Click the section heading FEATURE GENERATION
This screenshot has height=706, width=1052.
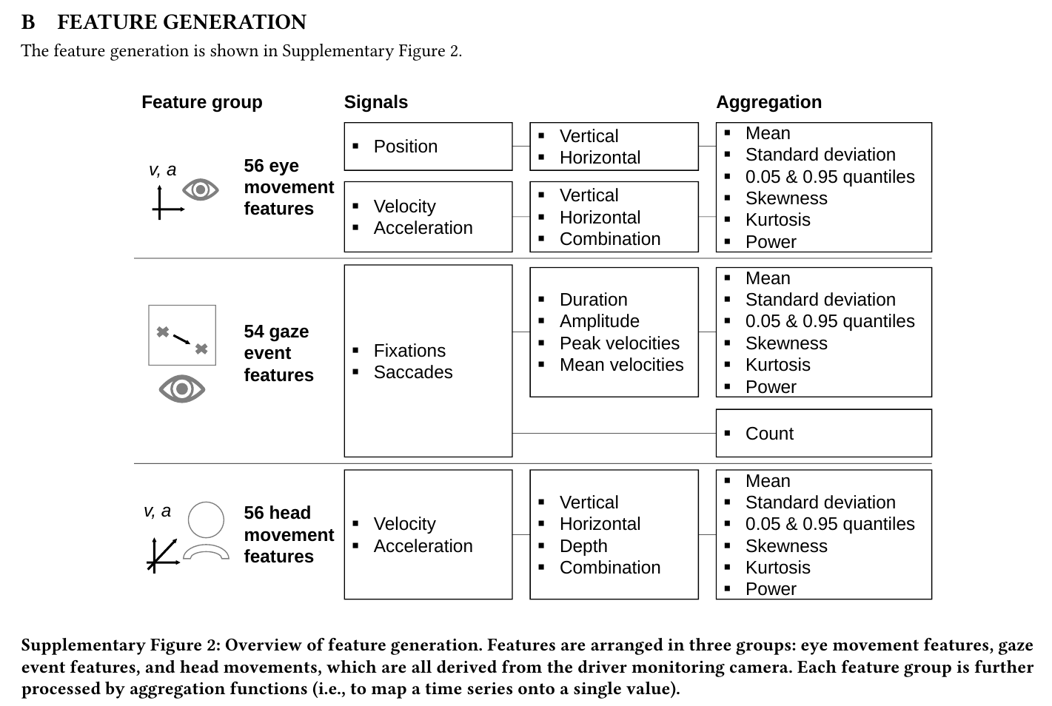[181, 22]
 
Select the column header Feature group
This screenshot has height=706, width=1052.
[202, 102]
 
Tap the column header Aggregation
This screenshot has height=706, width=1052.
[768, 102]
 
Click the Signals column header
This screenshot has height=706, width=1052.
[376, 102]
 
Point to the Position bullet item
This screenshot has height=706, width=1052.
[405, 147]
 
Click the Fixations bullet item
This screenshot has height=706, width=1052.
[409, 351]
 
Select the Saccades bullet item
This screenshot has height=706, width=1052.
[413, 372]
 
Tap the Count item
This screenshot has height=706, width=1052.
[769, 433]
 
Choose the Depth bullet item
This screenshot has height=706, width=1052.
[583, 546]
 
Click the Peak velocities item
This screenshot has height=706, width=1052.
[620, 343]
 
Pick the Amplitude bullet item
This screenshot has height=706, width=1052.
[599, 322]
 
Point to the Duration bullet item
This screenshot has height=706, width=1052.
[594, 300]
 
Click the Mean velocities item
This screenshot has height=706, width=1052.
[621, 365]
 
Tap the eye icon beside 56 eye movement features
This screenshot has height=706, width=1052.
[201, 189]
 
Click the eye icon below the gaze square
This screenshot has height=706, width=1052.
[182, 389]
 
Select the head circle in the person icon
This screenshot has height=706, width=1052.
[206, 502]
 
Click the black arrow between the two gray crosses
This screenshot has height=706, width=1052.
[182, 340]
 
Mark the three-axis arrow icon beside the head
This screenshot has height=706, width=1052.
[163, 555]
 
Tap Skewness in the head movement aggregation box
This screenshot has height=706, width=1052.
[786, 546]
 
